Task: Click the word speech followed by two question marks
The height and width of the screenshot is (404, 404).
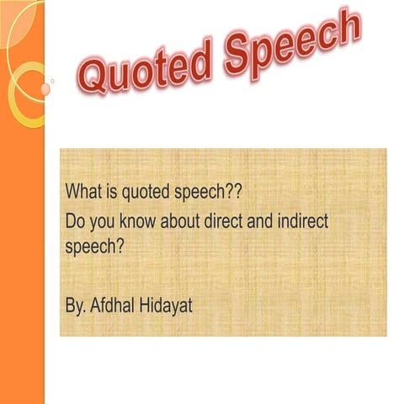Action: [202, 192]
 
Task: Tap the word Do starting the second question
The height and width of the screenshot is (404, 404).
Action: [75, 222]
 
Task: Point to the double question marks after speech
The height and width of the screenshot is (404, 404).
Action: [233, 191]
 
